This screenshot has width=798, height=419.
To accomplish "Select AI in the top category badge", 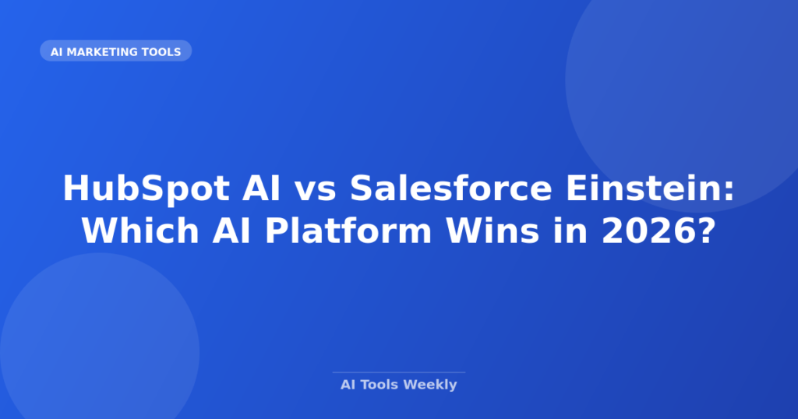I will [56, 52].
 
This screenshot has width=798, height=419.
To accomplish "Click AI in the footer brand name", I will [348, 385].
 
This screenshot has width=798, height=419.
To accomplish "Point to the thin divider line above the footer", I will [398, 372].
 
